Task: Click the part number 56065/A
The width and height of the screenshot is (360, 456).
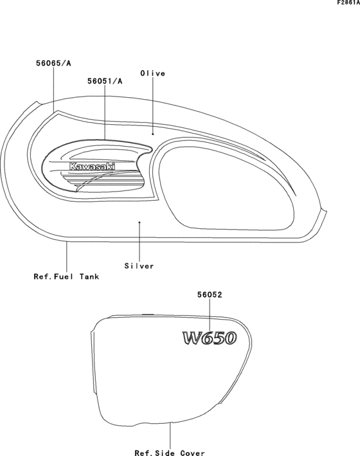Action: (x=53, y=63)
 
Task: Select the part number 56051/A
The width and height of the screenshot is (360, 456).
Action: (x=105, y=81)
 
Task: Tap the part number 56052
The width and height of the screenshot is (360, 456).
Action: (x=210, y=295)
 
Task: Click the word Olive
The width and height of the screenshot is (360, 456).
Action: (x=152, y=73)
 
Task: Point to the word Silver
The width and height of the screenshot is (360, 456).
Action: (x=139, y=266)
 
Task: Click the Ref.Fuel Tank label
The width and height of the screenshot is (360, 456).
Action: (x=66, y=277)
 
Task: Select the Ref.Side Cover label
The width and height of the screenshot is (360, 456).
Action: (x=170, y=453)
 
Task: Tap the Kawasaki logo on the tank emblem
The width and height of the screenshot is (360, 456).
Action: (x=92, y=167)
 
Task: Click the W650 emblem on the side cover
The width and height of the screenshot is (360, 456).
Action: (x=210, y=338)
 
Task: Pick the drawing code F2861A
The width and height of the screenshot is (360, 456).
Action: (x=348, y=3)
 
